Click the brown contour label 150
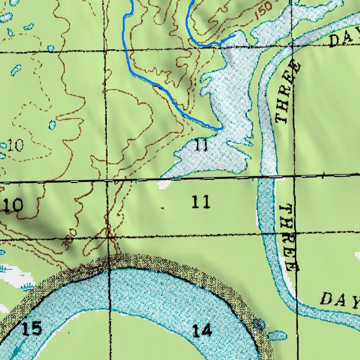263,14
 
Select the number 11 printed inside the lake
201,145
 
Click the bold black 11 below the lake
201,202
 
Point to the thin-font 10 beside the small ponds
15,146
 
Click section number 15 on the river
31,329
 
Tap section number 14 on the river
202,331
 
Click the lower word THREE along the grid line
288,238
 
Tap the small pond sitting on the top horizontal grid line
51,48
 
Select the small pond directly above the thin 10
52,125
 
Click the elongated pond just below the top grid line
16,70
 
